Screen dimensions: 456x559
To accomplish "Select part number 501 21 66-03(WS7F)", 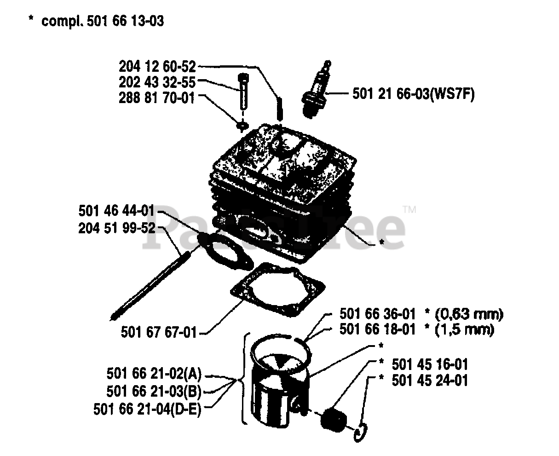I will point(414,94).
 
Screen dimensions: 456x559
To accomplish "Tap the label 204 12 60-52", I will point(158,67).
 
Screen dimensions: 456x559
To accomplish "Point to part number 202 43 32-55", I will point(157,82).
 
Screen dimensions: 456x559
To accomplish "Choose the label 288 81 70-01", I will point(157,98).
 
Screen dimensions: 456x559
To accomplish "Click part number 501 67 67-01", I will point(159,332).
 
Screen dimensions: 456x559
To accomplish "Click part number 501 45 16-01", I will point(430,364).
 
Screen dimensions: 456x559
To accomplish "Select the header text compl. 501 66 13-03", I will point(102,21).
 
